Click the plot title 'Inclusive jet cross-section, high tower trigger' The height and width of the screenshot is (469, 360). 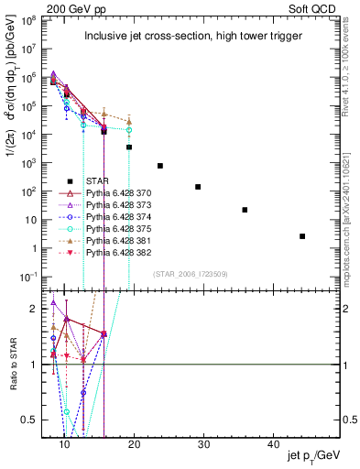[x=195, y=37]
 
